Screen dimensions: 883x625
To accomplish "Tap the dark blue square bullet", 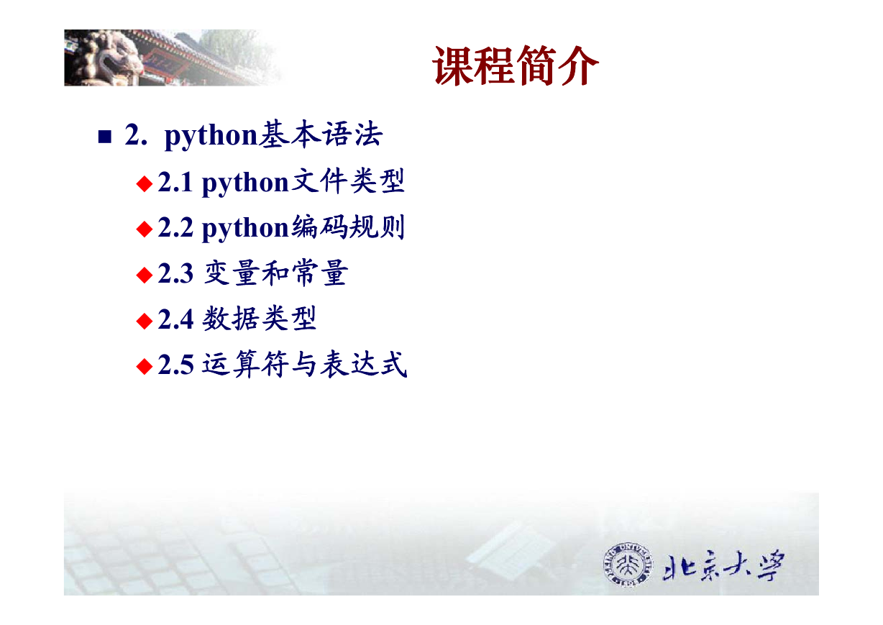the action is pos(105,137).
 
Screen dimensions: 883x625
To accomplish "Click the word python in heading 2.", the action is pos(211,136).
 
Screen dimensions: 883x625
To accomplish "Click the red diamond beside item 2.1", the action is pos(145,183).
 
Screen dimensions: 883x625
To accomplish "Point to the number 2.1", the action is pos(175,183).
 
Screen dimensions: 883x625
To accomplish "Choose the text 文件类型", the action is pos(347,181).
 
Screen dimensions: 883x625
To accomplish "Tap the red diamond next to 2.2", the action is pos(145,229).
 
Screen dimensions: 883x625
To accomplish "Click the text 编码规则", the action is pos(347,227).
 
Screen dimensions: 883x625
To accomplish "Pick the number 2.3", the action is pos(175,273).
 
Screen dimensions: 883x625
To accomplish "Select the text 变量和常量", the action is pos(275,273).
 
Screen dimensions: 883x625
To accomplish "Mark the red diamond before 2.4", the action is pos(145,321).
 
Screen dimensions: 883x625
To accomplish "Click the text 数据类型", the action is pos(259,318).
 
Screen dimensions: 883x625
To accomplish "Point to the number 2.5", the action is pos(175,365).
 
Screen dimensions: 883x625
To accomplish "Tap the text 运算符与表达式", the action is pos(304,364).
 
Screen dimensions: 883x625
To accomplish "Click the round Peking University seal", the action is pos(628,565).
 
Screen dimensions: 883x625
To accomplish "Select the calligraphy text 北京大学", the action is pos(723,566).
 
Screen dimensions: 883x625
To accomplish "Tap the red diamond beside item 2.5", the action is pos(145,366).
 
